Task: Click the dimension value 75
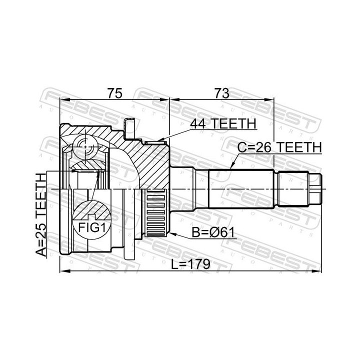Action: click(x=114, y=93)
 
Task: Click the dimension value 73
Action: click(x=222, y=93)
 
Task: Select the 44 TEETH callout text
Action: click(x=223, y=124)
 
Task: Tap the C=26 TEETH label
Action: click(x=279, y=147)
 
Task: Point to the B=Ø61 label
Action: click(x=213, y=232)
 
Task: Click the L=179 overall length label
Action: click(x=191, y=264)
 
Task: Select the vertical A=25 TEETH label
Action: click(x=41, y=218)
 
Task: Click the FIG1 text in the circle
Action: click(x=91, y=228)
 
